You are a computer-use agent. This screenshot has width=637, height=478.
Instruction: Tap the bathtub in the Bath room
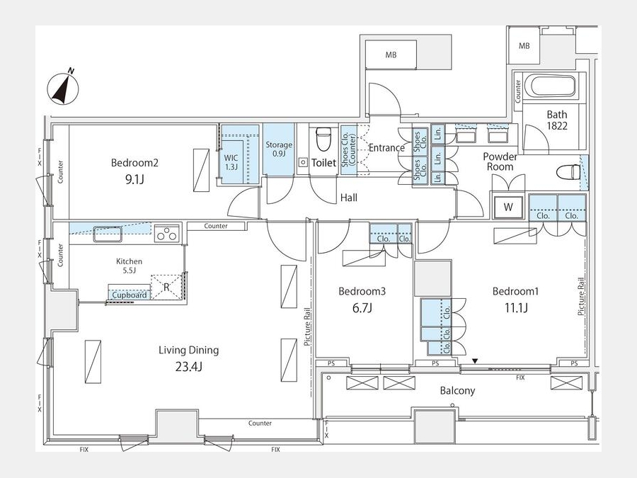tap(551, 86)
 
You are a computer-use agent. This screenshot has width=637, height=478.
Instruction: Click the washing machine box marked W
tap(507, 207)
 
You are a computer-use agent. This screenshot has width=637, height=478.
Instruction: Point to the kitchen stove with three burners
tap(167, 233)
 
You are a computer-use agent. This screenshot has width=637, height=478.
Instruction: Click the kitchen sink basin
tap(108, 234)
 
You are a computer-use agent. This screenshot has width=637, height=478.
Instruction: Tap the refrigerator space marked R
tap(166, 288)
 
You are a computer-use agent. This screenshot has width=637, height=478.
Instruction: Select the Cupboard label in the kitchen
tap(130, 295)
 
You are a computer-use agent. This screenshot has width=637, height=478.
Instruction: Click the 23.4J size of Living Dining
tap(189, 367)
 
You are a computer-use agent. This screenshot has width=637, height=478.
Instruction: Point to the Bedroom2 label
tap(134, 163)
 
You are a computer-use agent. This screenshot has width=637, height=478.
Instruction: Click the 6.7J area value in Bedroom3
tap(362, 308)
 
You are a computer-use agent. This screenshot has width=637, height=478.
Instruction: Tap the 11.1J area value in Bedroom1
tap(516, 308)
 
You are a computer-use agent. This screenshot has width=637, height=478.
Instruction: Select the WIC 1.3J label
tap(231, 162)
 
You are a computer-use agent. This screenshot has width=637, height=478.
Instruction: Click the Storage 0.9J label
tap(279, 149)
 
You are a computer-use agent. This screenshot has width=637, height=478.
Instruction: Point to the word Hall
tap(349, 198)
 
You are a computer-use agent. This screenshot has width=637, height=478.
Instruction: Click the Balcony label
tap(457, 391)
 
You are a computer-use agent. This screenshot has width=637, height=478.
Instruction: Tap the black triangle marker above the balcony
tap(475, 361)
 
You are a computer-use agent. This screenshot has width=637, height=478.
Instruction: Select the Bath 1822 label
tap(556, 120)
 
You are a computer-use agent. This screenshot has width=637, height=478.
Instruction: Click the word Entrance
tap(386, 148)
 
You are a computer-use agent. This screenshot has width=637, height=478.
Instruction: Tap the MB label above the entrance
tap(391, 55)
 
